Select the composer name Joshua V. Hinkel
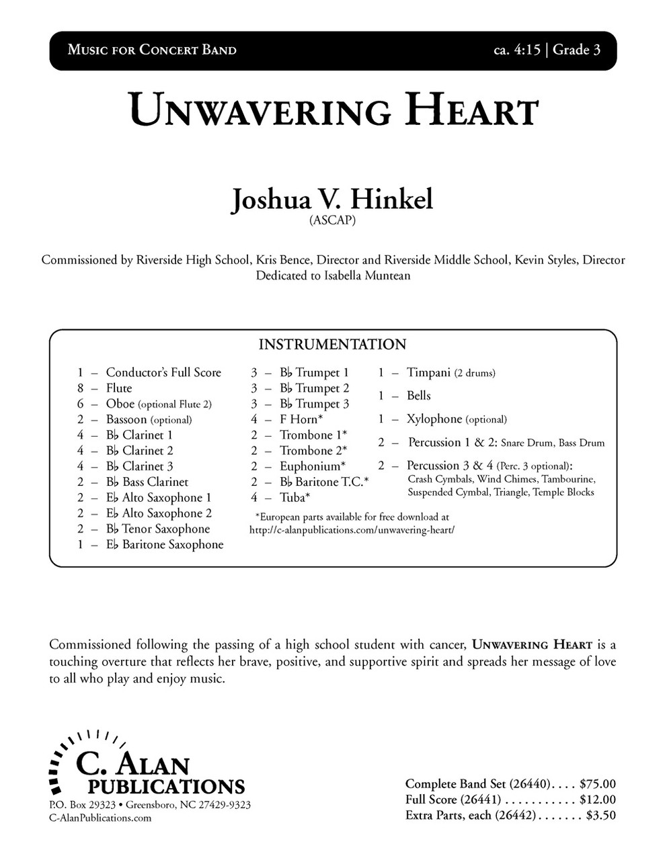332,200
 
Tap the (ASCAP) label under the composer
332,221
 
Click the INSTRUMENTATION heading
332,345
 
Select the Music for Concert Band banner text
152,50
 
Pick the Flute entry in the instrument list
119,388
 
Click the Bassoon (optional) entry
149,420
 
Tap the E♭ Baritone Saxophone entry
165,545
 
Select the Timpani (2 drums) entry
451,373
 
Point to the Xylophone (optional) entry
457,419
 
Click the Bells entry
418,396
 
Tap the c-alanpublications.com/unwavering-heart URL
352,529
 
